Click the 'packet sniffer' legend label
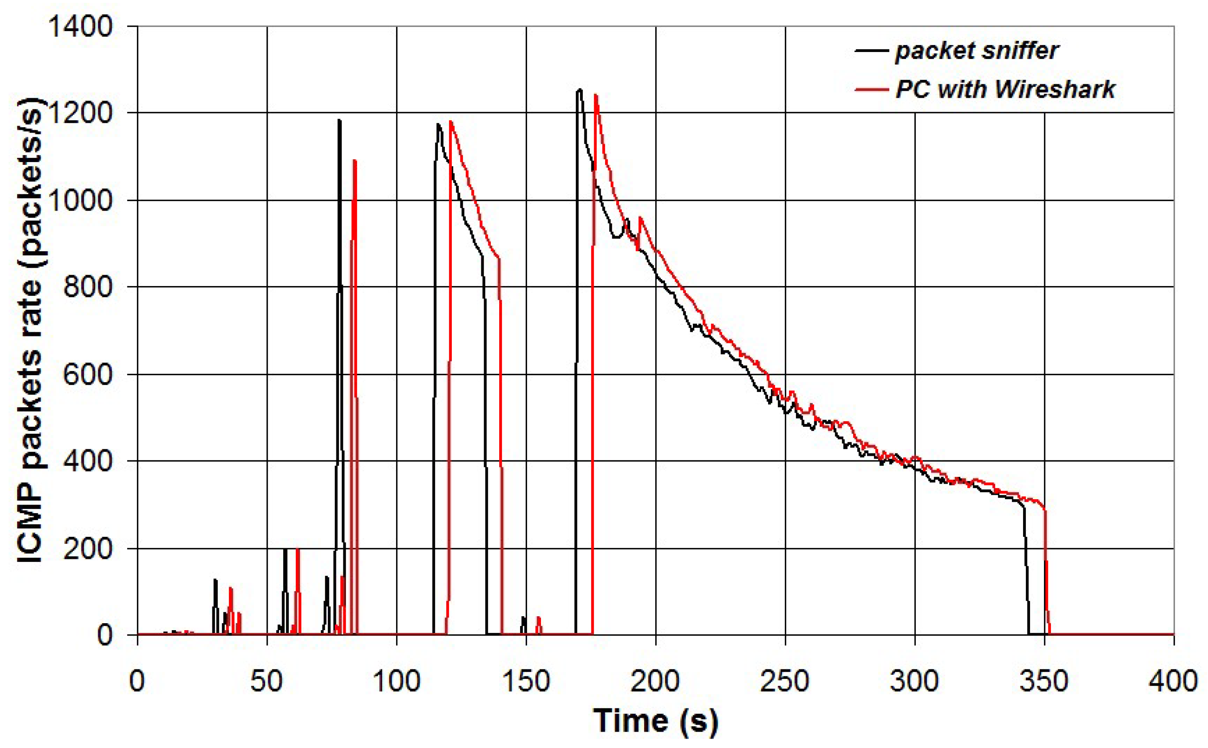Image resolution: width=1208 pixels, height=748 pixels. (976, 51)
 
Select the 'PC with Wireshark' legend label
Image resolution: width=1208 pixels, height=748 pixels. (1005, 90)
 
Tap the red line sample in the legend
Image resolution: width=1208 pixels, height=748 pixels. (872, 90)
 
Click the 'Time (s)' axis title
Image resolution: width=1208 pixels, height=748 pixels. (656, 721)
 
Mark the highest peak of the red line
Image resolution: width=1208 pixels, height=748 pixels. (595, 95)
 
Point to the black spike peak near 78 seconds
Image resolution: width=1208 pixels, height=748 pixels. (339, 120)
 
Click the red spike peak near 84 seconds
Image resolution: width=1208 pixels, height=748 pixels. (354, 161)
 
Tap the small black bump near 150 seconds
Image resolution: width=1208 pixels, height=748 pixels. (523, 618)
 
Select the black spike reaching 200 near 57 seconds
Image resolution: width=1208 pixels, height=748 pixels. (285, 550)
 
